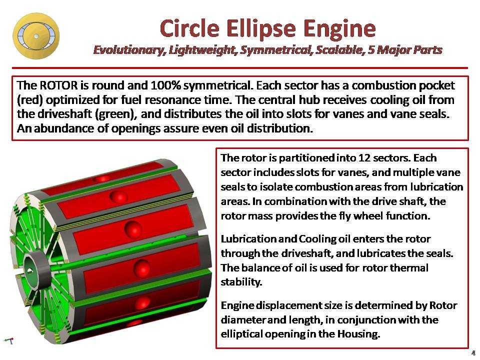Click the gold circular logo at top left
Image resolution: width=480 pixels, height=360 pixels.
tap(36, 36)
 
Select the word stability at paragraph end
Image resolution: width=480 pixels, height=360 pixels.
tap(241, 282)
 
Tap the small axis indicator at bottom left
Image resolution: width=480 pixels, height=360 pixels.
tap(9, 340)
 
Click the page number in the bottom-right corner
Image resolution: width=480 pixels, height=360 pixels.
tap(473, 352)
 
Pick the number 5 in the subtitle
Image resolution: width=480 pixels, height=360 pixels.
tap(370, 49)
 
